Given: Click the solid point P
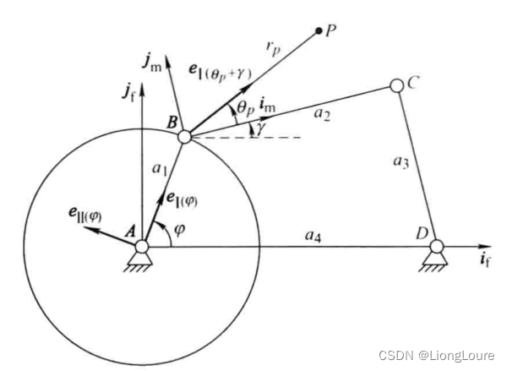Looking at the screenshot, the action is click(x=319, y=31).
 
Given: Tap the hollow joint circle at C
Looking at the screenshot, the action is click(x=396, y=85).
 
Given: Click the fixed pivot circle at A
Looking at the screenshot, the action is click(x=142, y=245).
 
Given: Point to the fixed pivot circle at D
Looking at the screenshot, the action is click(x=436, y=246).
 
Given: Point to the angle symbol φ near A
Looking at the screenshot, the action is click(x=179, y=227).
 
